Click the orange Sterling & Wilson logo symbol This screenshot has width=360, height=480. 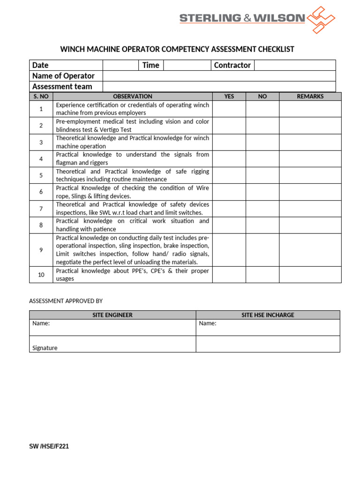coord(320,20)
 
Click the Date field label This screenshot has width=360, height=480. coord(40,65)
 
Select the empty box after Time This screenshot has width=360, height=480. coord(187,65)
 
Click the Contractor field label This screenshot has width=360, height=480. coord(232,65)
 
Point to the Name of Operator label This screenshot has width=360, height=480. coord(63,76)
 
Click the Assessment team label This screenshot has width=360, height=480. coord(62,86)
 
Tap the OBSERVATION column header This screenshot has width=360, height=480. coord(133,97)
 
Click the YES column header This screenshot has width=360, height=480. coord(229,97)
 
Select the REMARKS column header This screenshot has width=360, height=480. coord(310,97)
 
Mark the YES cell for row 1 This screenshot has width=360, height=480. coord(229,109)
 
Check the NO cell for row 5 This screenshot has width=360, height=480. coord(262,175)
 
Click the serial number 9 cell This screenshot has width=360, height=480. coord(41,250)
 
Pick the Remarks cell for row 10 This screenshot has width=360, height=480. coord(310,275)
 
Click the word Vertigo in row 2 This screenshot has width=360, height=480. coord(109,130)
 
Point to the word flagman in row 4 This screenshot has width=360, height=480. coord(66,163)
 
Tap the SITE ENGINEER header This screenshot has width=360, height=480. coord(112,315)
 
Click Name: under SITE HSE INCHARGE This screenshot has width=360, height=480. coord(208,323)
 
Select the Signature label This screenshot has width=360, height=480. coord(45,348)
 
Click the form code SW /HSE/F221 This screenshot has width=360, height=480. coord(49,446)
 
